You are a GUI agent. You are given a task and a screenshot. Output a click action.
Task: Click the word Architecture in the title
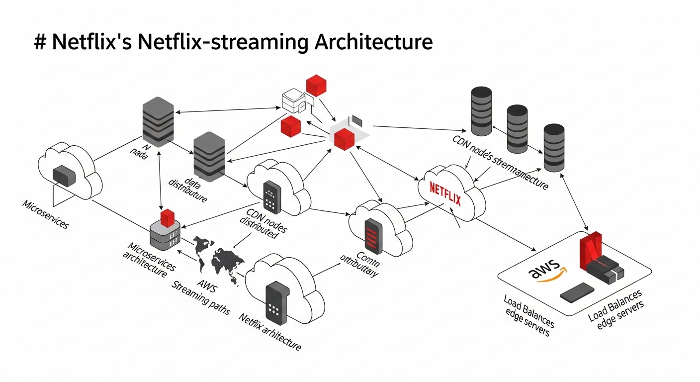point(373,42)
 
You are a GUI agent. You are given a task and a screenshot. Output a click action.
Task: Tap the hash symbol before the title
point(40,42)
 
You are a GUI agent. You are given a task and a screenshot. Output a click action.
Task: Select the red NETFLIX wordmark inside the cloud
point(445,194)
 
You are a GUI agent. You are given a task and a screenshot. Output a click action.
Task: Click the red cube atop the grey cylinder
point(168,217)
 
